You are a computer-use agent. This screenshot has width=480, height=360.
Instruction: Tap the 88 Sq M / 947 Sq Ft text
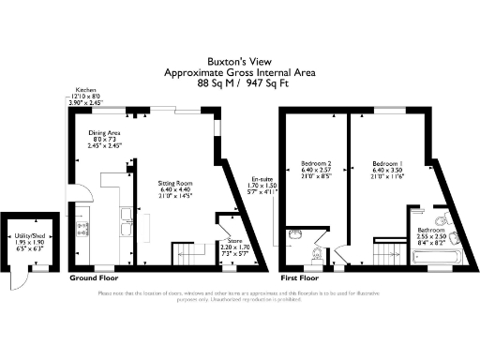[x=239, y=82]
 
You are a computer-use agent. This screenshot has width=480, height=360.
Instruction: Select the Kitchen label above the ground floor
[x=86, y=92]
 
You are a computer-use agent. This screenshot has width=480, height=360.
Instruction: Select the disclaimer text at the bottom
[x=239, y=297]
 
